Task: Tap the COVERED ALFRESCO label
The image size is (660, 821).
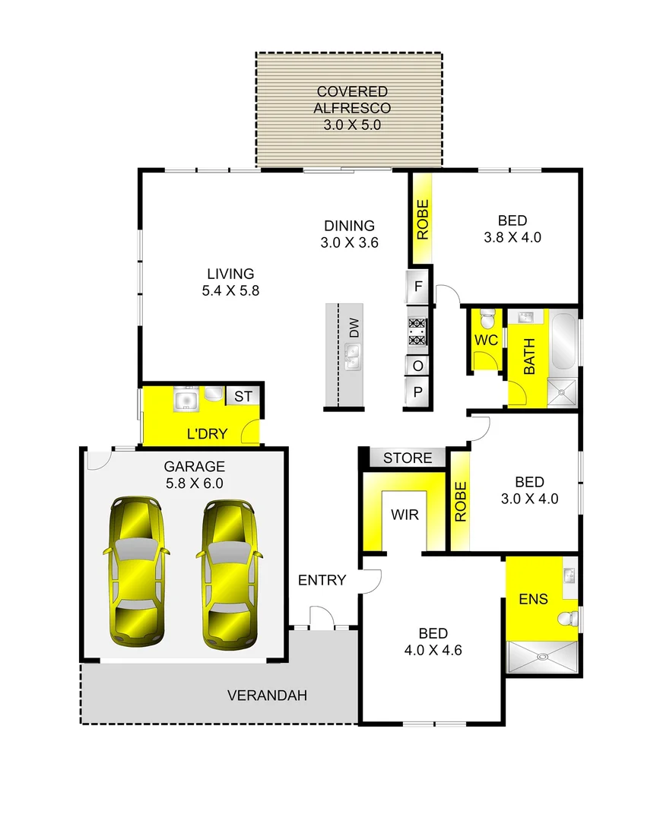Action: coord(351,109)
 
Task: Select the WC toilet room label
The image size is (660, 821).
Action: coord(486,340)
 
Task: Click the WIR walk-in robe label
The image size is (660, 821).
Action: coord(405,515)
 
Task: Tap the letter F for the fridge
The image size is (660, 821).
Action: coord(418,287)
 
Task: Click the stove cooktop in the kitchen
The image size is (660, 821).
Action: coord(417,328)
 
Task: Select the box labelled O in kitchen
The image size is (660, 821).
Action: coord(418,366)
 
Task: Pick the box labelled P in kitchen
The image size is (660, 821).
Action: coord(418,392)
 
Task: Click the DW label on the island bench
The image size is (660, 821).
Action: coord(354,328)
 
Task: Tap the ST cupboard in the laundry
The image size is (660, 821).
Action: coord(242,396)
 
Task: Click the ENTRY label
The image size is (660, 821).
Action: coord(322,580)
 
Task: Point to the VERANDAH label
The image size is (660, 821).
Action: coord(267,695)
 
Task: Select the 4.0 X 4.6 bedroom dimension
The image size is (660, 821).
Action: coord(433,650)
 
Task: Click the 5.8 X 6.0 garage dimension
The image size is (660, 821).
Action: coord(194,482)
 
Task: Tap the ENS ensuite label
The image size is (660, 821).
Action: coord(533,598)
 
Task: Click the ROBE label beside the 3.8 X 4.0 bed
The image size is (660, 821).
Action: coord(423,219)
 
